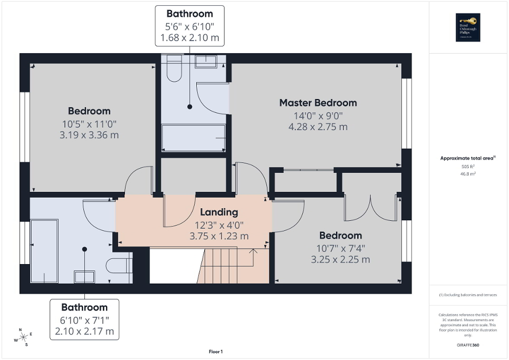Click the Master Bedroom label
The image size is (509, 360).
tap(318, 103)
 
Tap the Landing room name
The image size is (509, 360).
tap(219, 212)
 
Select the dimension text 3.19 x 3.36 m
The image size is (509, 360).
tap(89, 135)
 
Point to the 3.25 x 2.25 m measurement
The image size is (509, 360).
tap(340, 259)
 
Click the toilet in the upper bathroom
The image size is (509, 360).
tap(174, 70)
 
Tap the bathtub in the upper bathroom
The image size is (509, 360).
tap(194, 138)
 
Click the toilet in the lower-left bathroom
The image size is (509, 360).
tap(119, 265)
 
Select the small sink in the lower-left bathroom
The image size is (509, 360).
tap(84, 276)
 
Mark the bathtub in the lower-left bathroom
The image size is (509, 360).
tap(44, 251)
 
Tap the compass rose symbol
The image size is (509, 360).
tap(23, 337)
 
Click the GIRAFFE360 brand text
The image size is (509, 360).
tap(469, 345)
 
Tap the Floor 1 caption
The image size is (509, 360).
tap(215, 352)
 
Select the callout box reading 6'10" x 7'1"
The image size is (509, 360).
tap(84, 319)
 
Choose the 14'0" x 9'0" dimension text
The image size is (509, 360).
tap(318, 116)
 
